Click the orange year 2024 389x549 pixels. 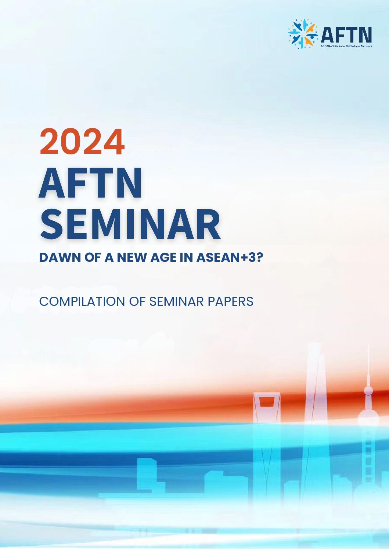click(82, 142)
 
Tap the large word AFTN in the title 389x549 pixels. click(90, 183)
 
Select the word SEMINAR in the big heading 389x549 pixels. click(130, 224)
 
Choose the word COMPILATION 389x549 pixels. click(82, 301)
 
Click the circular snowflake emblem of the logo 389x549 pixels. click(302, 34)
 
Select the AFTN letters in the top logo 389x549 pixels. click(346, 34)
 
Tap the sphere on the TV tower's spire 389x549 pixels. click(368, 390)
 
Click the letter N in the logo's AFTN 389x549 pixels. click(365, 34)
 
